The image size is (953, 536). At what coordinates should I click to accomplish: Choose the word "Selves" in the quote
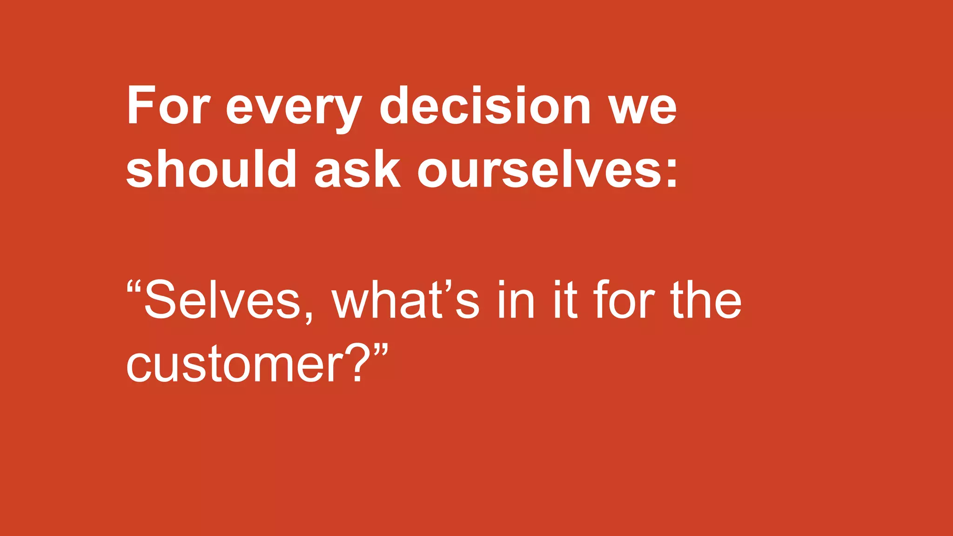tap(222, 300)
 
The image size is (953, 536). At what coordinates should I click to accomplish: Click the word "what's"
tap(405, 300)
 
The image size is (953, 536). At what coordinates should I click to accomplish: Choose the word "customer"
tap(235, 366)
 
